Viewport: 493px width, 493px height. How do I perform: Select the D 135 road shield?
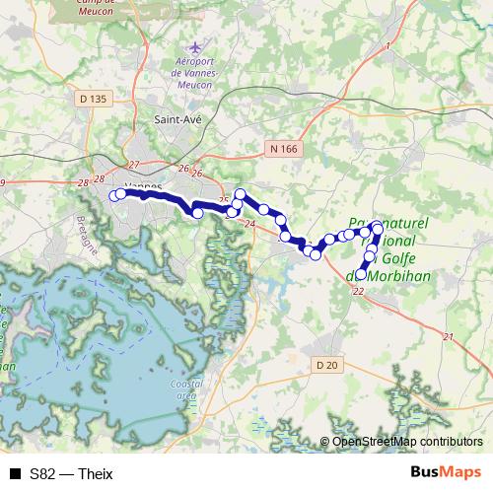click(93, 99)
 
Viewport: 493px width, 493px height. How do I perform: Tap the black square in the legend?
click(14, 474)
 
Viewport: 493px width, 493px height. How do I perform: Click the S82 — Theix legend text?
click(71, 474)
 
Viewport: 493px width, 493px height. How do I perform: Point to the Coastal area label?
click(186, 388)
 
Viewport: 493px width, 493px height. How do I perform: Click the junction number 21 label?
click(449, 338)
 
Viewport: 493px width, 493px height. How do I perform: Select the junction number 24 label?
click(247, 225)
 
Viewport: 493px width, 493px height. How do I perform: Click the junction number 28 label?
click(97, 180)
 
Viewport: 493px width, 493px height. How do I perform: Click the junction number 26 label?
click(182, 168)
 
